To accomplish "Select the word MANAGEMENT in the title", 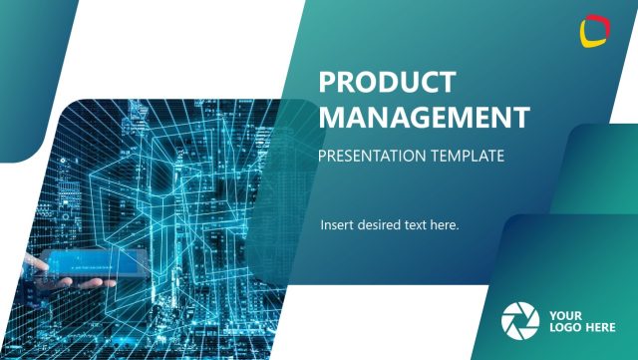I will pyautogui.click(x=424, y=117).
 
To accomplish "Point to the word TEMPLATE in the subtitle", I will pyautogui.click(x=469, y=156).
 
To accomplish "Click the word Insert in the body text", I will pyautogui.click(x=337, y=224).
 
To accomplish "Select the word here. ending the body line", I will pyautogui.click(x=446, y=224).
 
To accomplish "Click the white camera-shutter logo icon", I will pyautogui.click(x=518, y=319).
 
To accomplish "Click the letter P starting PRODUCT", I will pyautogui.click(x=327, y=82).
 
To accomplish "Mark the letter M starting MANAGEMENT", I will pyautogui.click(x=332, y=117).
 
